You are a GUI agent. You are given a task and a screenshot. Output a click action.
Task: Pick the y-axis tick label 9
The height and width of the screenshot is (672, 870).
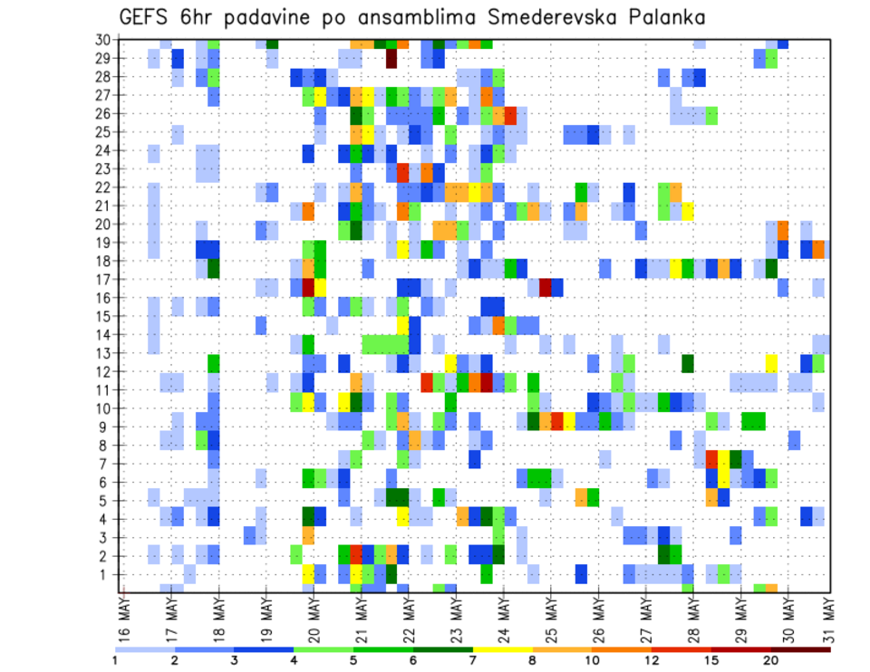105,427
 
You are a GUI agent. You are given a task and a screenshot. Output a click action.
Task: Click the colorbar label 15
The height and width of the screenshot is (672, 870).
711,660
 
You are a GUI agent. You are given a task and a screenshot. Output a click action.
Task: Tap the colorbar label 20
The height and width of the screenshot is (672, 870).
771,660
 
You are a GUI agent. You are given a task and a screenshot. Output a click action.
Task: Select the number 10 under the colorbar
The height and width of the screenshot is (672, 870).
593,660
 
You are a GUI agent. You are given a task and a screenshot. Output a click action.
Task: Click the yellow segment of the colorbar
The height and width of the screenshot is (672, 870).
503,649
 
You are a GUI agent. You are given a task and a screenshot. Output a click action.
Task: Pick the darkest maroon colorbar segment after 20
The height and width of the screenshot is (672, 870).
801,649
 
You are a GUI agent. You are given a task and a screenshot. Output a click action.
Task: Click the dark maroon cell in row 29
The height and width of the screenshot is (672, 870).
391,58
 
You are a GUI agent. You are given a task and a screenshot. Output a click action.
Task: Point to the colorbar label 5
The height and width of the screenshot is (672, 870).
353,660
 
